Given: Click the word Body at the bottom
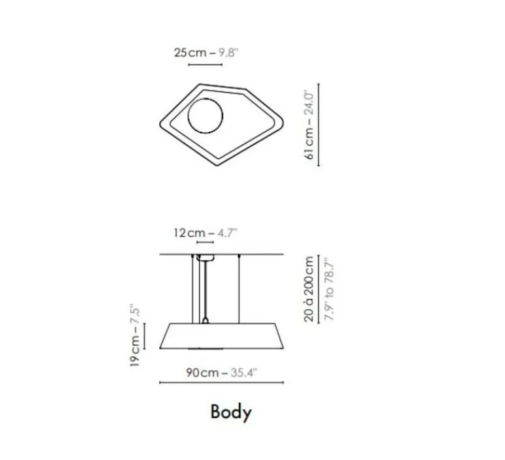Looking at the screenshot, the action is click(231, 412).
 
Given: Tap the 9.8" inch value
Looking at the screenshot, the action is click(228, 52).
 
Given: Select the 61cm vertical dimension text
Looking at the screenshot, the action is click(309, 143).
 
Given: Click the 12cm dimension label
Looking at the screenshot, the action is click(189, 232).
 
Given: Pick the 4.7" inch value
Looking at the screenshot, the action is click(227, 232).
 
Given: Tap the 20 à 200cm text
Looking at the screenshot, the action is click(309, 289).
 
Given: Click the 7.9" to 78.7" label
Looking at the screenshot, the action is click(329, 289).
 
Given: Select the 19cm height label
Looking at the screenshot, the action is click(134, 351).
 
